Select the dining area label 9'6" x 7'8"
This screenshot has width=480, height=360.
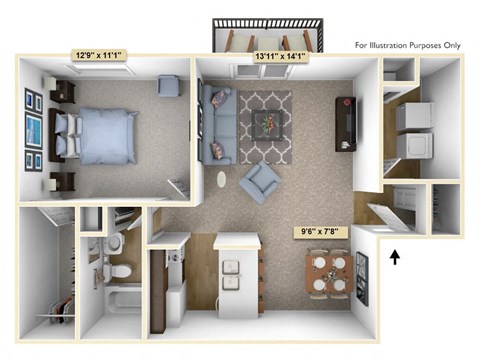pyautogui.click(x=322, y=233)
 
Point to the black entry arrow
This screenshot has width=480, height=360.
pyautogui.click(x=395, y=257)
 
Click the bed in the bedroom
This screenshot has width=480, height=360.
pyautogui.click(x=100, y=135)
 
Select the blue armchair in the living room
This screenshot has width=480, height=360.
pyautogui.click(x=262, y=183)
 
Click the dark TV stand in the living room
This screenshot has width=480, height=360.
pyautogui.click(x=346, y=123)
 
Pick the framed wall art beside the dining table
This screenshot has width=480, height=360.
pyautogui.click(x=361, y=277)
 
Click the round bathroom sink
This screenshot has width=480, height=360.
pyautogui.click(x=114, y=243)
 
